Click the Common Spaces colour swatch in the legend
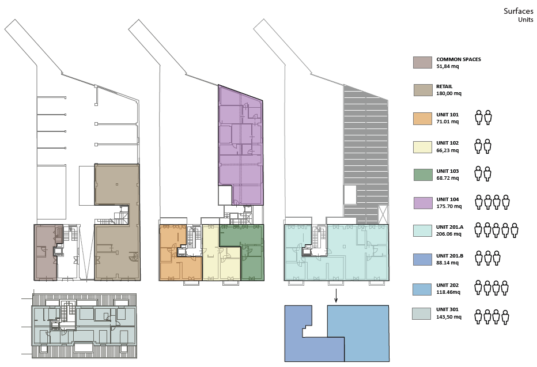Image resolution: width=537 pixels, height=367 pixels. pyautogui.click(x=422, y=63)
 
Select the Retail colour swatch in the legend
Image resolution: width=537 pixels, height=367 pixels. pyautogui.click(x=422, y=90)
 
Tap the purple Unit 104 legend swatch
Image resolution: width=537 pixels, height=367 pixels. pyautogui.click(x=422, y=203)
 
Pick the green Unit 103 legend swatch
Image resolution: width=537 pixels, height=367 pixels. pyautogui.click(x=422, y=175)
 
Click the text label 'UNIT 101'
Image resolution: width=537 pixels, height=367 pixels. pyautogui.click(x=447, y=115)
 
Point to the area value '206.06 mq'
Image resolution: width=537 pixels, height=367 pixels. pyautogui.click(x=449, y=234)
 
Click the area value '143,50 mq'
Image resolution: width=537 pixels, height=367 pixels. pyautogui.click(x=449, y=317)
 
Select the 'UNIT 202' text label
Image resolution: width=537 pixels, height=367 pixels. pyautogui.click(x=447, y=285)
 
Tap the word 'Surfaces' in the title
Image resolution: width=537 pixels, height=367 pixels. pyautogui.click(x=518, y=11)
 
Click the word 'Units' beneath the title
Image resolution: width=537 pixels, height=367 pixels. pyautogui.click(x=525, y=20)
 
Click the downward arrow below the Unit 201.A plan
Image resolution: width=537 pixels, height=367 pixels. pyautogui.click(x=336, y=296)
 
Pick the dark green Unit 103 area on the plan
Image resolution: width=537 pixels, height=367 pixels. pyautogui.click(x=252, y=260)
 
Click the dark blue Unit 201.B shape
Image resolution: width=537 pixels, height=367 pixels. pyautogui.click(x=308, y=349)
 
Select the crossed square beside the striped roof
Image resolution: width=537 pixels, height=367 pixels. pyautogui.click(x=384, y=213)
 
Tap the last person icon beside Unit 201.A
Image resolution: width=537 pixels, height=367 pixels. pyautogui.click(x=514, y=230)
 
